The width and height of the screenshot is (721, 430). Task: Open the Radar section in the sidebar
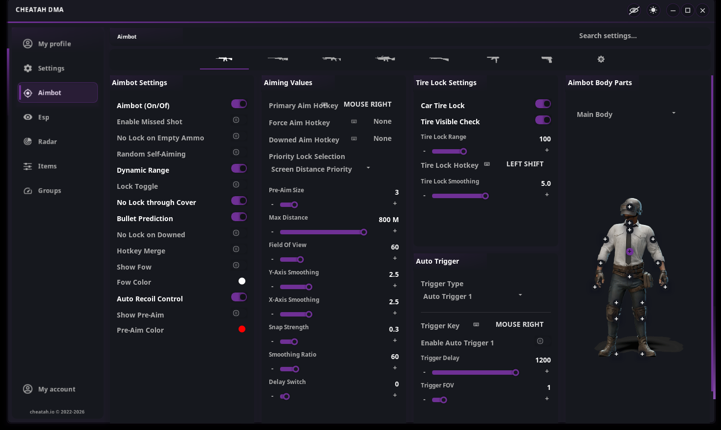(x=40, y=142)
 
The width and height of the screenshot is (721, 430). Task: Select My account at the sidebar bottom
(x=49, y=389)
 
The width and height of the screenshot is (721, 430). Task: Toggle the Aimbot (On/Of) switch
(x=239, y=104)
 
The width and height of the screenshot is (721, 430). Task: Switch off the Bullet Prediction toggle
(x=239, y=217)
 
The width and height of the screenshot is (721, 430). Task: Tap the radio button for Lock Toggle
(x=236, y=184)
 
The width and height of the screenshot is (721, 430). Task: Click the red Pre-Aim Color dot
(x=242, y=329)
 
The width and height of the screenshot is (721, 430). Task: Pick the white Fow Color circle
(x=242, y=281)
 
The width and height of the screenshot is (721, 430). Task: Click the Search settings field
(x=608, y=36)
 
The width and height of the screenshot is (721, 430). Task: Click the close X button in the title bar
(x=702, y=10)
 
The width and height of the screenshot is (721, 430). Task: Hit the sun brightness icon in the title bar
(x=653, y=10)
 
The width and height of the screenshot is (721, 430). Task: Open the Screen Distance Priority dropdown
(x=320, y=169)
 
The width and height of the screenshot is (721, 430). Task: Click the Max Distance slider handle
(x=364, y=232)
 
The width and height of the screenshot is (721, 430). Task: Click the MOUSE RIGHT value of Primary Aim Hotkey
(x=368, y=104)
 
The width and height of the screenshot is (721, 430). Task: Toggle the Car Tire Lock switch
(x=543, y=104)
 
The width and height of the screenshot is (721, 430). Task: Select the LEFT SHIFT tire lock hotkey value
(x=525, y=164)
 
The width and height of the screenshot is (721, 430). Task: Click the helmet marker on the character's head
(x=630, y=207)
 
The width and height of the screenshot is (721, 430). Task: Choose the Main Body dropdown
(x=626, y=114)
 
